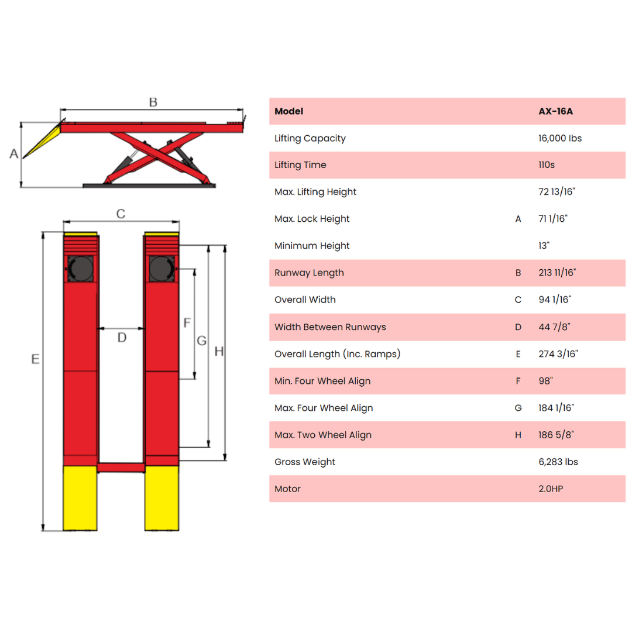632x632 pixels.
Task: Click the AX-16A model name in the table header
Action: pos(555,111)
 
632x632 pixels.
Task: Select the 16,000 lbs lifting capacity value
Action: pos(560,138)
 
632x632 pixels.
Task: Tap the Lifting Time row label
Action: pos(300,165)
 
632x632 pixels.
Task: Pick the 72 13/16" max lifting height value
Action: pos(557,192)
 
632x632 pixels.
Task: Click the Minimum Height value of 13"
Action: pos(544,246)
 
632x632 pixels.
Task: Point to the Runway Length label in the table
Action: pos(309,273)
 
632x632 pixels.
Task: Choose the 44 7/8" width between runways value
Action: pos(554,327)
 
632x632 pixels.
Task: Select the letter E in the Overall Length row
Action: pos(518,354)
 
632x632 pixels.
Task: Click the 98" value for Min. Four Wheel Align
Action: pos(545,381)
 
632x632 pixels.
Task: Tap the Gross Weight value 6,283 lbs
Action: pos(558,462)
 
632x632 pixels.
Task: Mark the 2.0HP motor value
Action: pos(551,489)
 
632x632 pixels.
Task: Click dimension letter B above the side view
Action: pos(153,102)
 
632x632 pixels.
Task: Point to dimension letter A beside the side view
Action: pos(14,153)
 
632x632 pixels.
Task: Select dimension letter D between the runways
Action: pos(122,338)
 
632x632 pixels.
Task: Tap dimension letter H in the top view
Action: pos(219,352)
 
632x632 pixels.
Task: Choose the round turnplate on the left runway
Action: pos(81,269)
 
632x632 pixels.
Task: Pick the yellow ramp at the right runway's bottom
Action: pos(162,498)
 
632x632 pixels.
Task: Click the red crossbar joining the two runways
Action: pos(121,468)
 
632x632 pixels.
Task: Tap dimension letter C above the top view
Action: pos(121,214)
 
